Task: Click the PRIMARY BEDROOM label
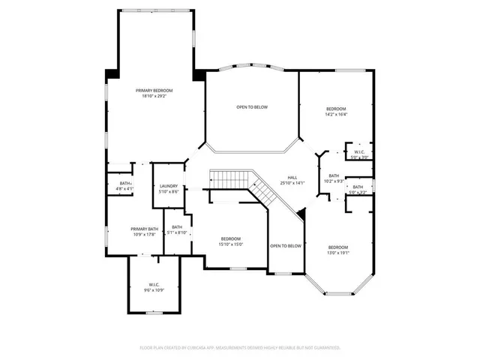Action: pos(154,90)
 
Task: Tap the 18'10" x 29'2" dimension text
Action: pos(154,96)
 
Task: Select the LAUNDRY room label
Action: pos(168,186)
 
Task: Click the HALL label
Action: pos(283,178)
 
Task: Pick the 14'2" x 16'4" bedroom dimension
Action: pos(335,115)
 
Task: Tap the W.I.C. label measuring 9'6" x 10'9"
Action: pos(154,284)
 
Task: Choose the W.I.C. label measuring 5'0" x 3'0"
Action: pos(360,152)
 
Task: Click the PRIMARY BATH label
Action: pos(144,229)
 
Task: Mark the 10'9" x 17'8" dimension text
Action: pos(144,235)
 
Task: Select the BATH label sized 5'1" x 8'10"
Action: pos(177,227)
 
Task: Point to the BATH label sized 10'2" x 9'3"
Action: pos(334,176)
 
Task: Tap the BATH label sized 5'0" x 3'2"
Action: pos(358,187)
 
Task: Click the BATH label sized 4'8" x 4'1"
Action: pos(125,183)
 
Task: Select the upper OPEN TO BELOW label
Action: pos(252,107)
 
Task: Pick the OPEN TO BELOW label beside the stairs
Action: pos(286,246)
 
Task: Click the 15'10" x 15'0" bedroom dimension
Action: pos(230,244)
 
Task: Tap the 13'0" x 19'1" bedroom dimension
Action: pos(337,253)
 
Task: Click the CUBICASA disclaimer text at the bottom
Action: pos(240,348)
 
